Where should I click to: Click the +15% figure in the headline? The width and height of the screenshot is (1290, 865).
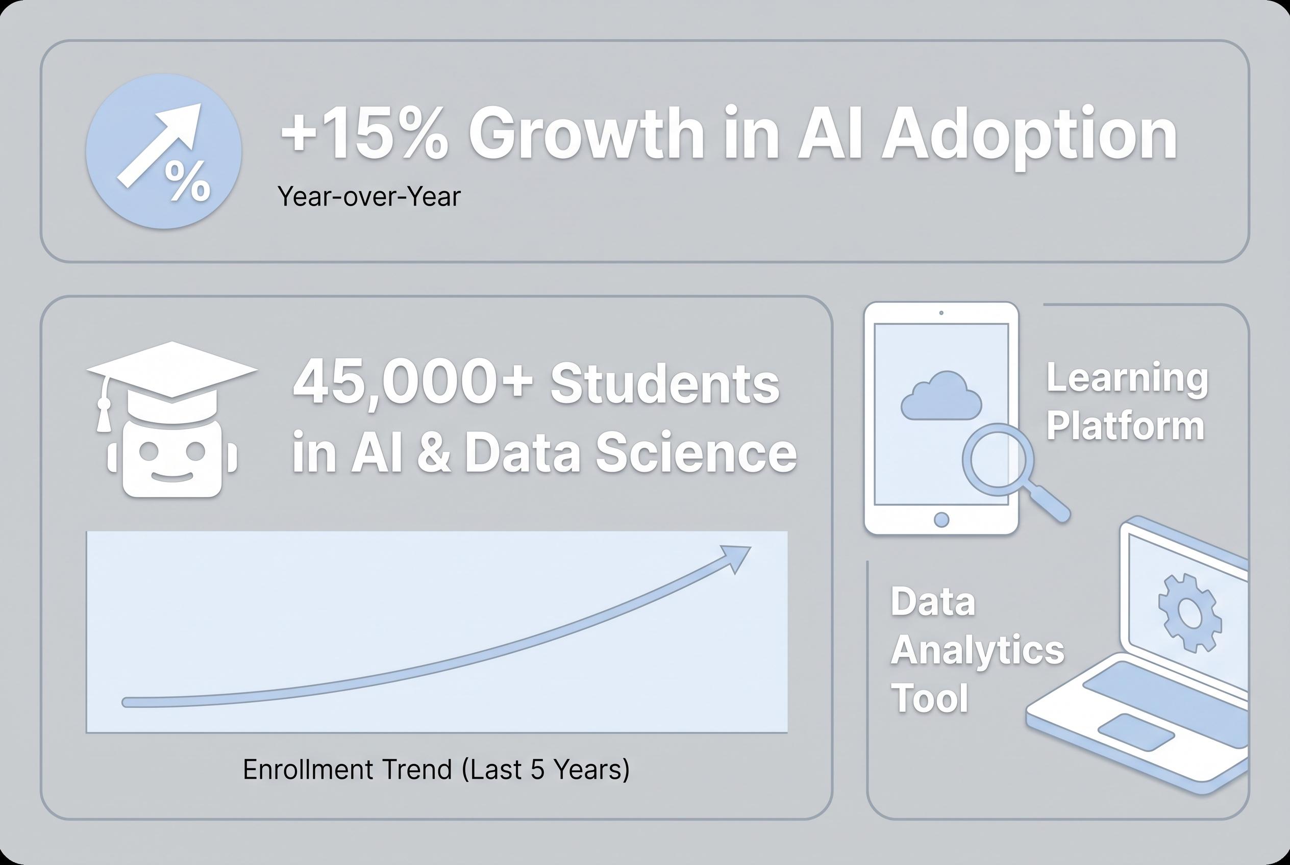point(364,134)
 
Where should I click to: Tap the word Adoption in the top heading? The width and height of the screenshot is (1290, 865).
point(1029,135)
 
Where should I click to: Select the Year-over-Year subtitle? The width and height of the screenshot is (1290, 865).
point(368,197)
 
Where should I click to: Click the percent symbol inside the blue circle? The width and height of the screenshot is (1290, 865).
point(188,181)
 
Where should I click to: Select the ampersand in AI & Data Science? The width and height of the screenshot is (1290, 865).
point(433,453)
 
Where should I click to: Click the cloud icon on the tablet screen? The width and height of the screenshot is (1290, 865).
point(940,397)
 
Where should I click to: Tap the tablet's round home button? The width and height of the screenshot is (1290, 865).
point(941,519)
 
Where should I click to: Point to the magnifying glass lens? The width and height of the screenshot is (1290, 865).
point(998,459)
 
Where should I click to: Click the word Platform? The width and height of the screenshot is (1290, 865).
point(1125,426)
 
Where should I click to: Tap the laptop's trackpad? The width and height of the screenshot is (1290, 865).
point(1136,731)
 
